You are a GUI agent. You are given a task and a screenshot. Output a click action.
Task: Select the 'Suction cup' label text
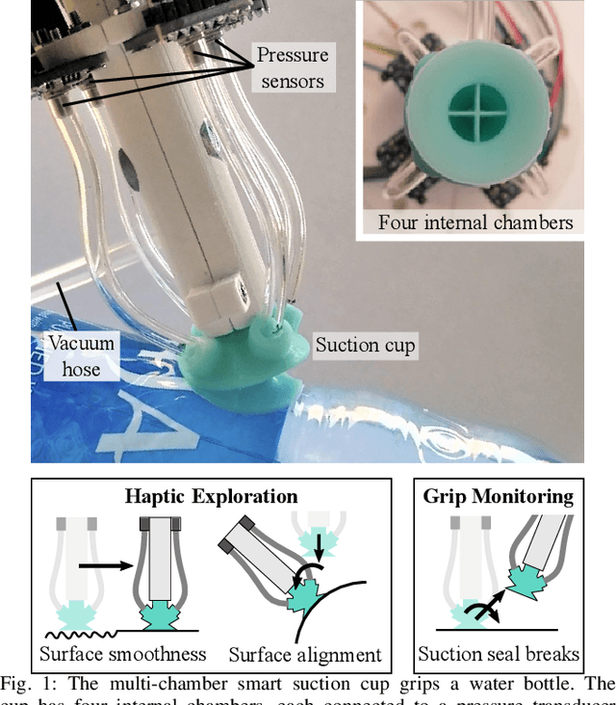(366, 344)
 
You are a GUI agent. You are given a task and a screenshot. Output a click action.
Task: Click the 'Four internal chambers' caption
(475, 222)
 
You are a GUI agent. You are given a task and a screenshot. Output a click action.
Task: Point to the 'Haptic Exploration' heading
(211, 497)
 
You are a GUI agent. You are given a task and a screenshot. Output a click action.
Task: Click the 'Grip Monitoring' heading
(498, 497)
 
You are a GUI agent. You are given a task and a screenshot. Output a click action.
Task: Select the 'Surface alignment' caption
(305, 656)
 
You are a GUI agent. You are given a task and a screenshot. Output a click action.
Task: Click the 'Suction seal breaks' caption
(499, 654)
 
